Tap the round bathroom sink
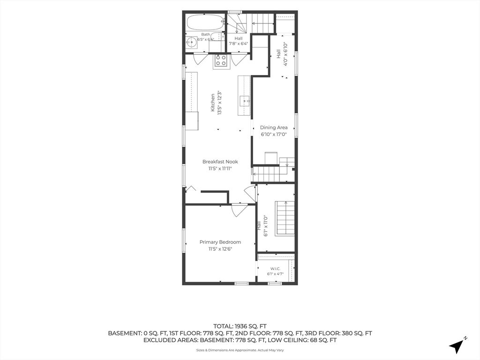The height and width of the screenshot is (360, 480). click(x=192, y=42)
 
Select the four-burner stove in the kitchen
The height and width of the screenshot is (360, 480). click(x=221, y=60)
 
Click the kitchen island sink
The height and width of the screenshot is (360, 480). click(x=244, y=100)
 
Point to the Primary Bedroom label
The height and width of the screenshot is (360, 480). click(x=220, y=242)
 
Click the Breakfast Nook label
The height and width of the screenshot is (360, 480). click(x=220, y=162)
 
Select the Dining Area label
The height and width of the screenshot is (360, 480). click(x=274, y=127)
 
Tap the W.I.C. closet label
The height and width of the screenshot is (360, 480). click(x=273, y=269)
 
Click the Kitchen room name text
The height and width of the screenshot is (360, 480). click(x=213, y=103)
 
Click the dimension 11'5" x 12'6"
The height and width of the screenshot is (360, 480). click(x=220, y=249)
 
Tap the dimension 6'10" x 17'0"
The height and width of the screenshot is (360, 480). click(x=274, y=134)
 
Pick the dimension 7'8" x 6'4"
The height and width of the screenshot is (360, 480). click(x=239, y=44)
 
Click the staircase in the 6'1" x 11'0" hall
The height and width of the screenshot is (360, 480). click(x=285, y=218)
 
